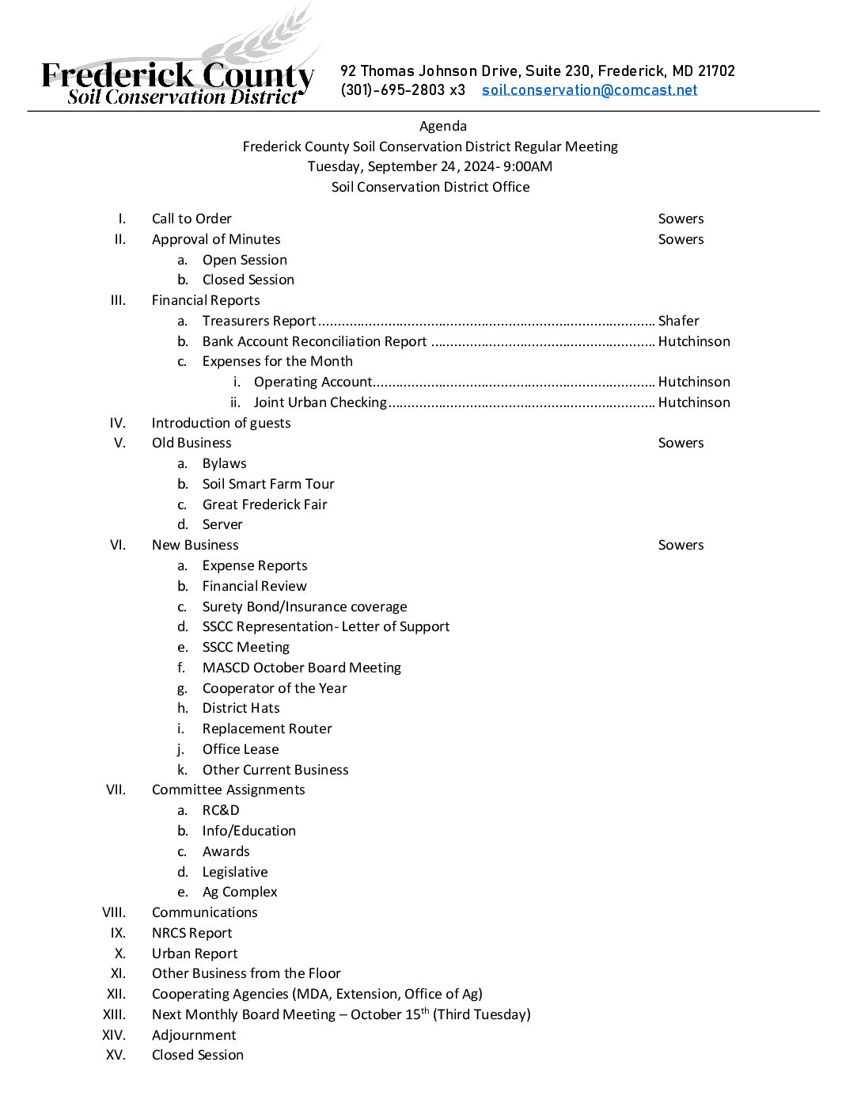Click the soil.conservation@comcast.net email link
590,90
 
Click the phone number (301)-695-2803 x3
403,90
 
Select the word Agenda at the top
443,126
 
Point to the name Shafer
678,321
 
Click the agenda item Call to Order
192,219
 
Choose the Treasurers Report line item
259,321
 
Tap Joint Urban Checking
320,402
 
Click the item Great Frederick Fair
264,504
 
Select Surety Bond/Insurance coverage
305,607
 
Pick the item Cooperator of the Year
275,688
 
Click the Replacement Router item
267,729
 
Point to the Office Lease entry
241,749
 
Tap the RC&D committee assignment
221,810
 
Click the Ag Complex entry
240,892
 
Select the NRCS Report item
192,933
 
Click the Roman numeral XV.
116,1055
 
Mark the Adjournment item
194,1035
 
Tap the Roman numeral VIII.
114,912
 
